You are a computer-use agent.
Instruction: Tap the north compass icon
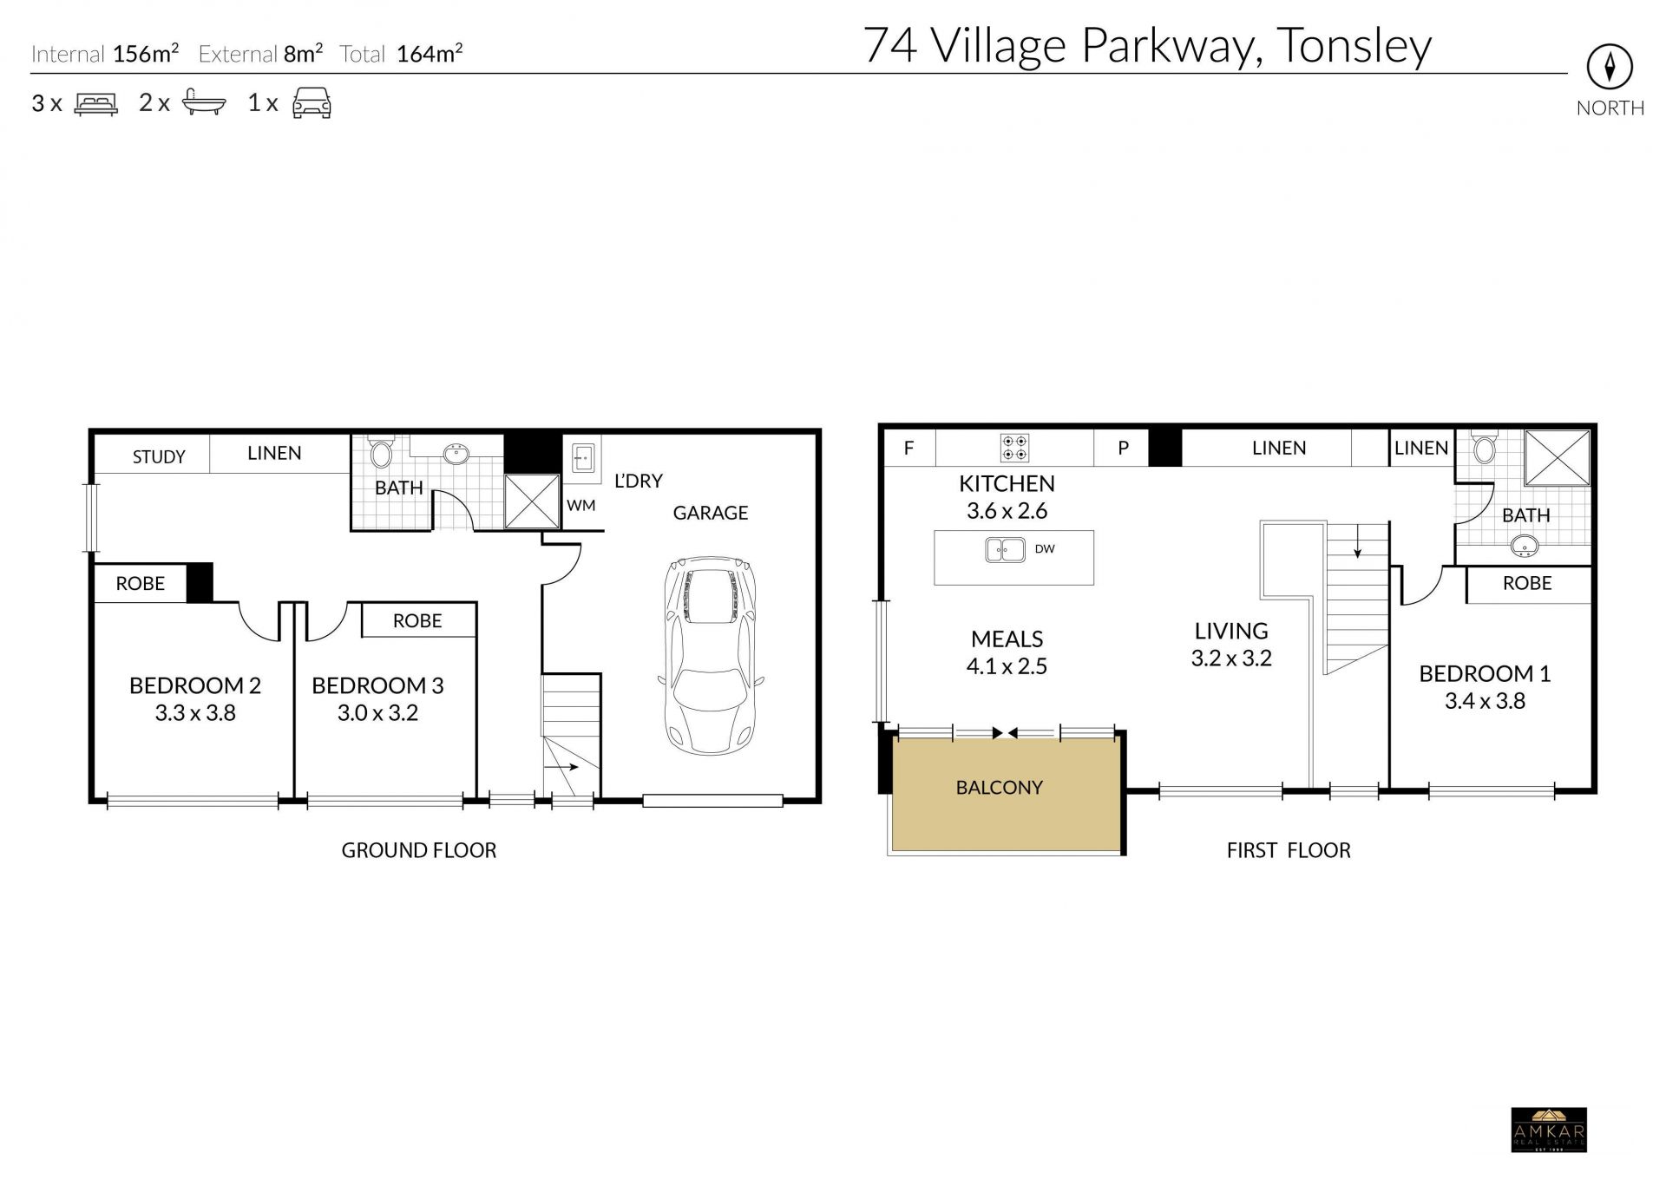pos(1610,67)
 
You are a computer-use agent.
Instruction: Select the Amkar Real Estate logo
pos(1549,1130)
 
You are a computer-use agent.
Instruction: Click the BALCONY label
pos(999,788)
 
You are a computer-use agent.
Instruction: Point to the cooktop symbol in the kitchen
pos(1014,448)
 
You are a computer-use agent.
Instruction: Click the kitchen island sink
pos(1005,550)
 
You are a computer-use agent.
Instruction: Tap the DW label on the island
pos(1045,549)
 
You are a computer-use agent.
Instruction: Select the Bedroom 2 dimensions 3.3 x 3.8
pos(195,713)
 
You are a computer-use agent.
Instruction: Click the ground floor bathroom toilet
pos(381,451)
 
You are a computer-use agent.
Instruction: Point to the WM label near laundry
pos(581,505)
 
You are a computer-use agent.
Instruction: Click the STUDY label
pos(159,457)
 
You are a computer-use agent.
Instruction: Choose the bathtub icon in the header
pos(204,102)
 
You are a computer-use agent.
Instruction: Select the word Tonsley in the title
pos(1354,48)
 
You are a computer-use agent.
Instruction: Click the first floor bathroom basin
pos(1525,547)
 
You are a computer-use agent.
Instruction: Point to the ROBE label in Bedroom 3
pos(417,621)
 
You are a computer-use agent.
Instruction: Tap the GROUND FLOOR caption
pos(419,850)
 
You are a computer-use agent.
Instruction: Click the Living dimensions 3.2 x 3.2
pos(1231,659)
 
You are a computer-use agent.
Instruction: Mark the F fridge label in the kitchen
pos(908,449)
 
